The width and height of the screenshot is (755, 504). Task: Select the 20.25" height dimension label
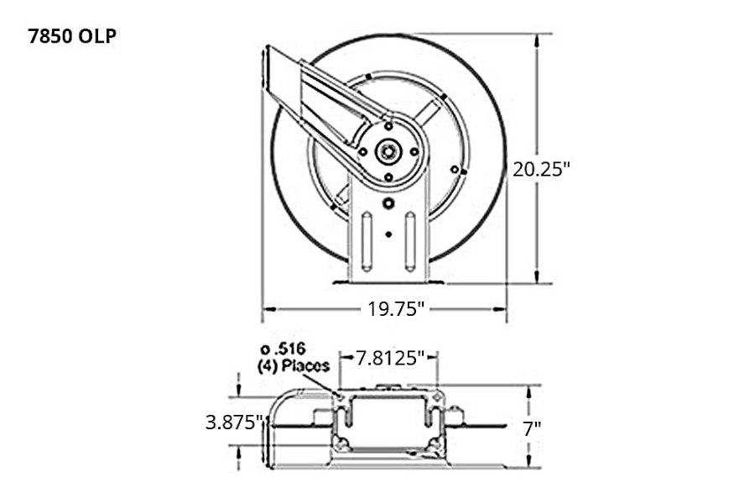(x=541, y=168)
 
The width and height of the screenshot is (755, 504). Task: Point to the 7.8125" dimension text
(x=387, y=359)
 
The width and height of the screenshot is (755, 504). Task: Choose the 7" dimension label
(x=532, y=428)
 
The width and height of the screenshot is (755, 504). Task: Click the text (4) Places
(x=294, y=365)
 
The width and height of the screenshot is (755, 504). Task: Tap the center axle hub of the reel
(x=388, y=151)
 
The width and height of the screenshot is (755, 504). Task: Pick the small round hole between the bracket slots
(x=388, y=234)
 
